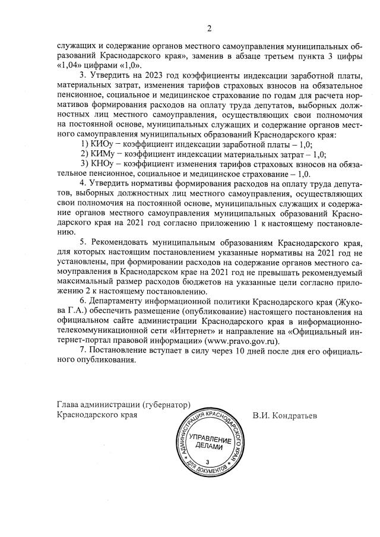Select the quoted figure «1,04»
point(68,64)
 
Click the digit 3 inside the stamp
point(207,462)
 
